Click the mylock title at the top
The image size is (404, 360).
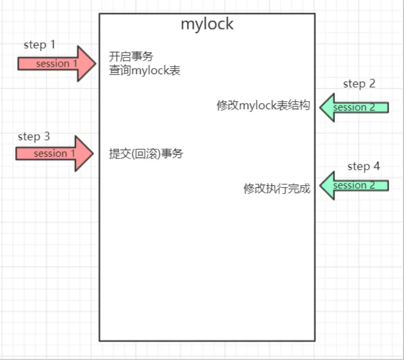207,24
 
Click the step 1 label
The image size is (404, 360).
39,45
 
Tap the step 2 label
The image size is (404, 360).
359,84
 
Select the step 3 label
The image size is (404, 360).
34,137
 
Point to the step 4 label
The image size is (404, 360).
363,166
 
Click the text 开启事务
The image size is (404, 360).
131,57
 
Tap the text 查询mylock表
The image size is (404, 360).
144,71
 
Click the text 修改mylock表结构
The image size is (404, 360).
263,105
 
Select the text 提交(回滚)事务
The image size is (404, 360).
146,154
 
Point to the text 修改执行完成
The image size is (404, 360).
277,189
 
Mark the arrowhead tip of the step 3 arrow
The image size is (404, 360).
93,153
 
